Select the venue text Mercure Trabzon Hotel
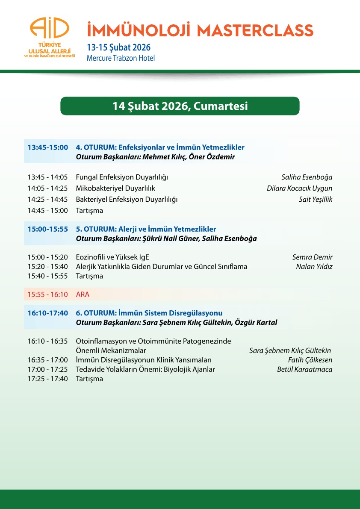pos(121,58)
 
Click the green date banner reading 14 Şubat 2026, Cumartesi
pos(180,106)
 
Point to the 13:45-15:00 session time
pos(48,147)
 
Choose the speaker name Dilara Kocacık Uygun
pos(299,188)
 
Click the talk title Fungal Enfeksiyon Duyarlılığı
pos(122,177)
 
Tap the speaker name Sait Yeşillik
pos(315,200)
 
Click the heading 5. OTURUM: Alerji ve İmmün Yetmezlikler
pos(146,229)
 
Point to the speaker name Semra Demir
pos(312,257)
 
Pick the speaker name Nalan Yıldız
pos(314,267)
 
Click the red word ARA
pos(83,294)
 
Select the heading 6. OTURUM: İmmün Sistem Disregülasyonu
pos(149,313)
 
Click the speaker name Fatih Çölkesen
pos(310,360)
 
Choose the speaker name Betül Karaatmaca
pos(304,369)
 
